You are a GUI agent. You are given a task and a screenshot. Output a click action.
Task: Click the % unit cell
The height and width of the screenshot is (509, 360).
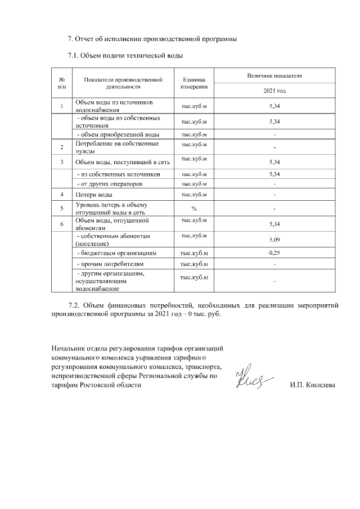194,209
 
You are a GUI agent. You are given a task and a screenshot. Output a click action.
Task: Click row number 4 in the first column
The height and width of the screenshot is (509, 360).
61,195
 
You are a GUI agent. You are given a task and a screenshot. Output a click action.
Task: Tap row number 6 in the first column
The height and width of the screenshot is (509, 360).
61,224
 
